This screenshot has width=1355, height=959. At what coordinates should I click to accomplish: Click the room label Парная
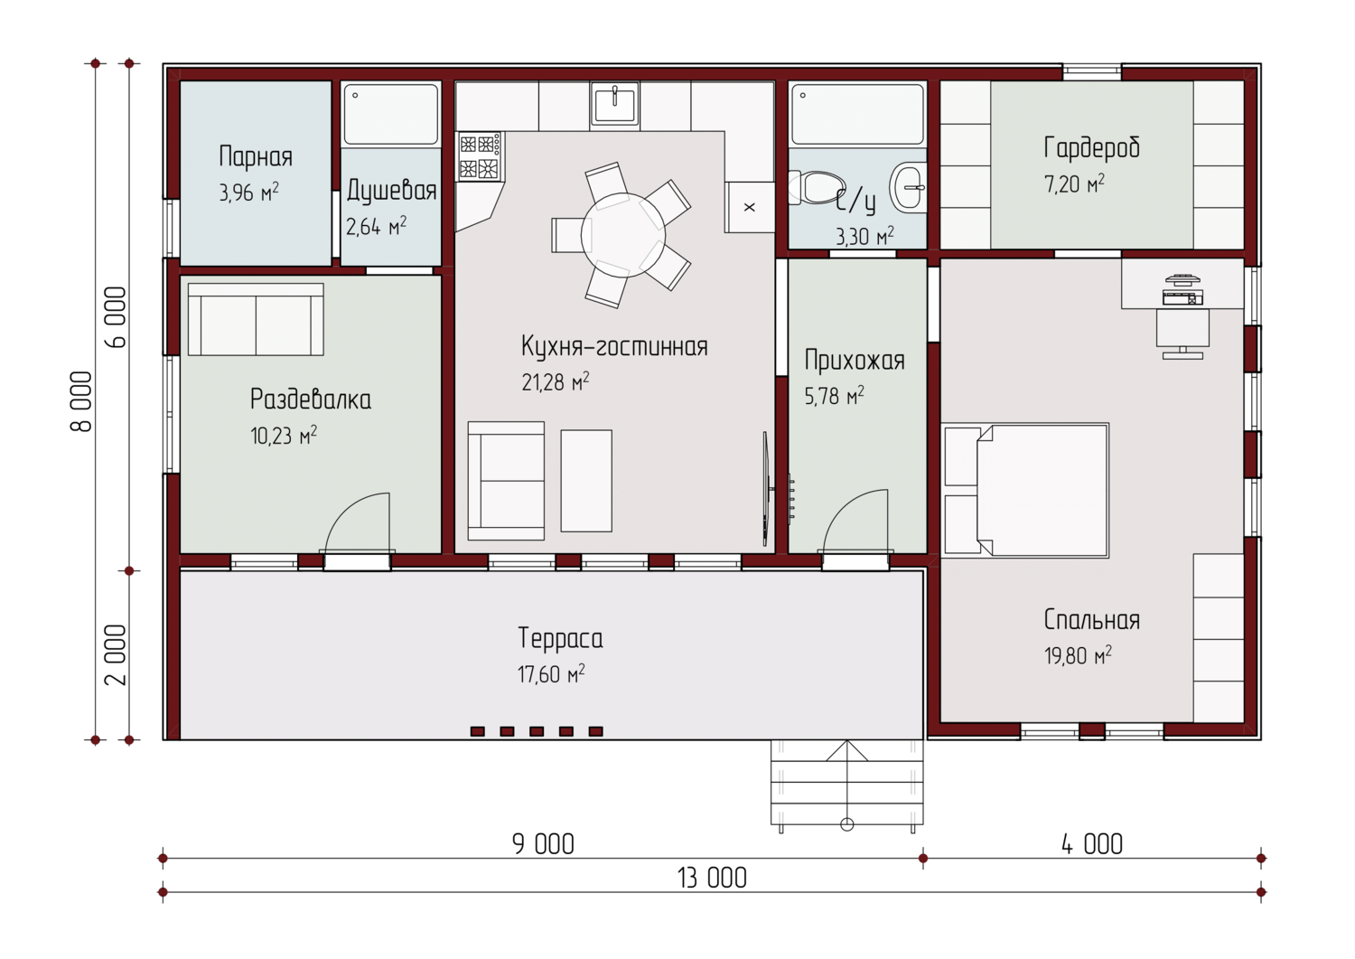[256, 156]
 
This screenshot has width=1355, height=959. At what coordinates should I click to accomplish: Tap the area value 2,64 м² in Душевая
[376, 227]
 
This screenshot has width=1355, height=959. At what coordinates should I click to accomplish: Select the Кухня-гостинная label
[614, 346]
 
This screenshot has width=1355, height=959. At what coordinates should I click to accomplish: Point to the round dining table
[623, 235]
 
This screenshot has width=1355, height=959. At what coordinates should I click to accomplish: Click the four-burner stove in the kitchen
[481, 156]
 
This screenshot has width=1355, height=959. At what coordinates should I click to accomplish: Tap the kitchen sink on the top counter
[614, 106]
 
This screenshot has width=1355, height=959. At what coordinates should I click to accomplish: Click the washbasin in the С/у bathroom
[908, 186]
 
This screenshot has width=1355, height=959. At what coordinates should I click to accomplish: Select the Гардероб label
[1091, 147]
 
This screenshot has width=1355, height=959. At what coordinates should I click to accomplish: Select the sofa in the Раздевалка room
[256, 319]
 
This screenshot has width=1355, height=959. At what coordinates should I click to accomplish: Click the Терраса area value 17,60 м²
[550, 673]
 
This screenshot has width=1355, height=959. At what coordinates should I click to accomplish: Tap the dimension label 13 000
[712, 878]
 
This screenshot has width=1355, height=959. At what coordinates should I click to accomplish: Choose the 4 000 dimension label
[1092, 844]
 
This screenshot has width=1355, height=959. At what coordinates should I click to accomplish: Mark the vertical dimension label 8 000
[81, 401]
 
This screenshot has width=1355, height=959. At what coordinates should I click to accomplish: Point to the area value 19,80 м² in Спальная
[1078, 655]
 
